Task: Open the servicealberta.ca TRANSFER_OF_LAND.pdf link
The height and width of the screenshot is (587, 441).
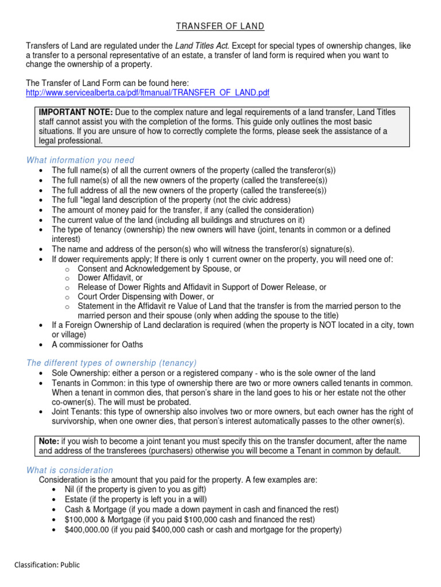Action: (x=148, y=92)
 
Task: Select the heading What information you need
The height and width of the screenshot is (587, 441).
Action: (x=80, y=160)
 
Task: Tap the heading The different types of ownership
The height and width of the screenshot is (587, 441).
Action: (x=111, y=363)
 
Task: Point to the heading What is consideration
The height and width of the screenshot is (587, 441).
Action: (x=69, y=470)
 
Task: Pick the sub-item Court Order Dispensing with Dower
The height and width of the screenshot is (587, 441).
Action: (x=146, y=296)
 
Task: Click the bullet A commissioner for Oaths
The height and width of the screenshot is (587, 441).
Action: (x=97, y=345)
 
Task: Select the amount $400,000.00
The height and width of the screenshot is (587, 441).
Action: (x=87, y=530)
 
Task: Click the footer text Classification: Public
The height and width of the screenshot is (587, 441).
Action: (x=47, y=565)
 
